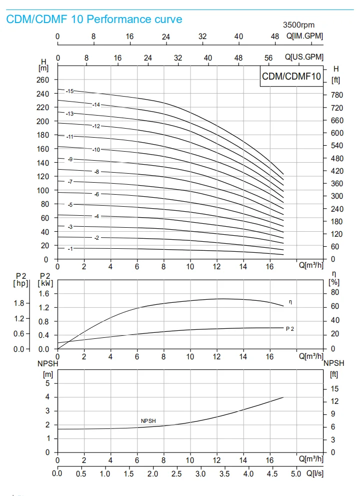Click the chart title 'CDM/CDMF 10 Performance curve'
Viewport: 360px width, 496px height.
94,20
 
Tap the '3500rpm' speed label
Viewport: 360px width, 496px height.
298,25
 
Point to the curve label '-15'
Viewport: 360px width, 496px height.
69,91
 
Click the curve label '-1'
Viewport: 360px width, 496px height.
69,249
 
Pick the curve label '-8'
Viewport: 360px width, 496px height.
96,172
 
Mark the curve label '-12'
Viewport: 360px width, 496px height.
96,126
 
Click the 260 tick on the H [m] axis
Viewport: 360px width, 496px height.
43,80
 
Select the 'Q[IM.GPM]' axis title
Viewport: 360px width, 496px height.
304,36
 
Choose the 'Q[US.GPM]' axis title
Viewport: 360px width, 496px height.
304,58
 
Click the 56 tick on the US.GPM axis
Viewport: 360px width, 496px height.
268,58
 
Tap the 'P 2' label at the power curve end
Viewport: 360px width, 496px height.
289,329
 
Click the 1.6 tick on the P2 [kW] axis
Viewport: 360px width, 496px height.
44,294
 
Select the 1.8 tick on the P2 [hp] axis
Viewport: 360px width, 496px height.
19,303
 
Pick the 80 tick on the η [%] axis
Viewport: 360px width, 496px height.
334,292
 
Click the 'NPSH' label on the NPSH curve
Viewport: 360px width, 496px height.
148,421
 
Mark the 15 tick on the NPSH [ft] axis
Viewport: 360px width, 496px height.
334,389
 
